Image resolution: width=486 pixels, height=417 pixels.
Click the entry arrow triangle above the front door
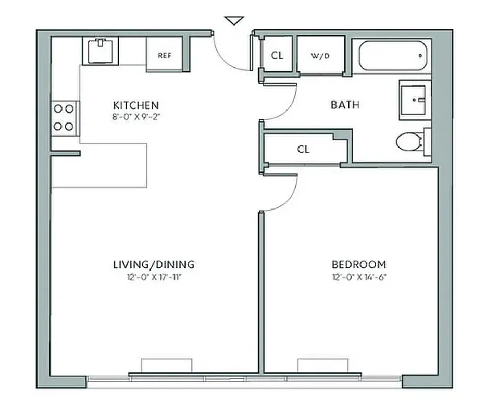point(234,20)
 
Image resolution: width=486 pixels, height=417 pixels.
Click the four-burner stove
point(64,117)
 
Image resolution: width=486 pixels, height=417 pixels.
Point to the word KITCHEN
point(135,105)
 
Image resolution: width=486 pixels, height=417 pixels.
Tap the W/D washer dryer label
point(320,55)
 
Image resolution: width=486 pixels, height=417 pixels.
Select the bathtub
point(392,55)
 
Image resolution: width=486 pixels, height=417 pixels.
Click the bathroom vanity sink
point(415,100)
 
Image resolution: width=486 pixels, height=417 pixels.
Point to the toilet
point(412,141)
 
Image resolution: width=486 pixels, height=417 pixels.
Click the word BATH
point(345,105)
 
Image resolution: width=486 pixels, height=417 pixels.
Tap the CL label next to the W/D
point(277,55)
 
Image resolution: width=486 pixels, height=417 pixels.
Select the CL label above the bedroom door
point(303,150)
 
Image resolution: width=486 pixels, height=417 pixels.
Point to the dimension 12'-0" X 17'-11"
point(154,277)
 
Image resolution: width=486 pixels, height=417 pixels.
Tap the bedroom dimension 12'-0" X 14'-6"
point(359,277)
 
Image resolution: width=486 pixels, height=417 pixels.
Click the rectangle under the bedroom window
point(322,365)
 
